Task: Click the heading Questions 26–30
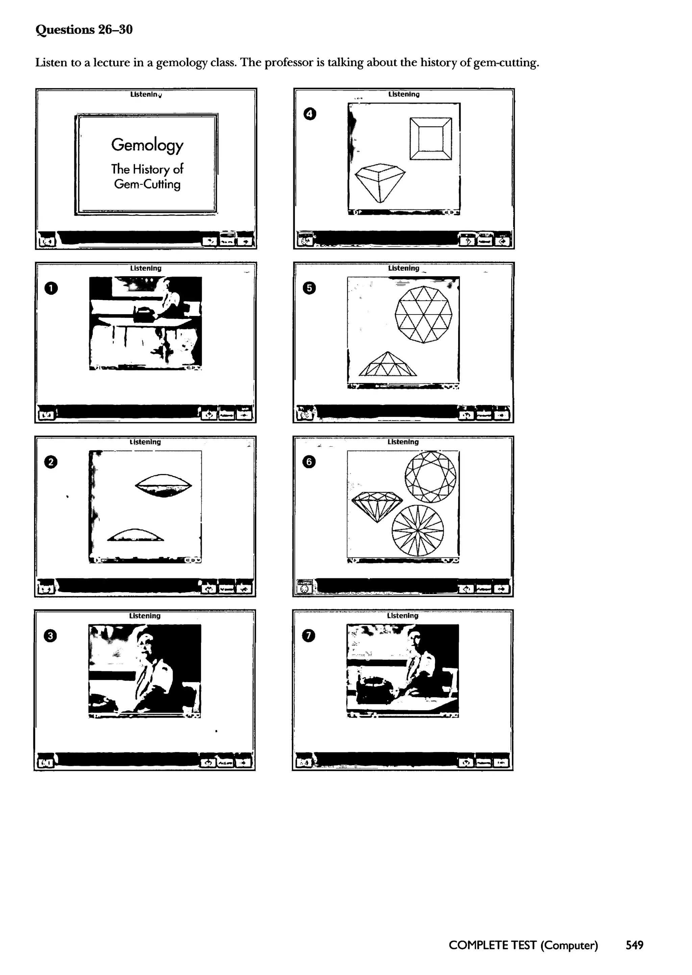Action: point(84,29)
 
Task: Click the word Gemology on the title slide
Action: point(147,145)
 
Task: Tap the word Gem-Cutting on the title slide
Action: point(147,184)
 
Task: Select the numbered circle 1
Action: point(51,289)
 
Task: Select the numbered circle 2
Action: point(51,462)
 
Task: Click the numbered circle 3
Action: point(50,636)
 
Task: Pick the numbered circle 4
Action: point(310,114)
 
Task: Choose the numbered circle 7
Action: point(308,635)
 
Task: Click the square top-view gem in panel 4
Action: point(431,139)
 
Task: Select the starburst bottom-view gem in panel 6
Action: point(418,531)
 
